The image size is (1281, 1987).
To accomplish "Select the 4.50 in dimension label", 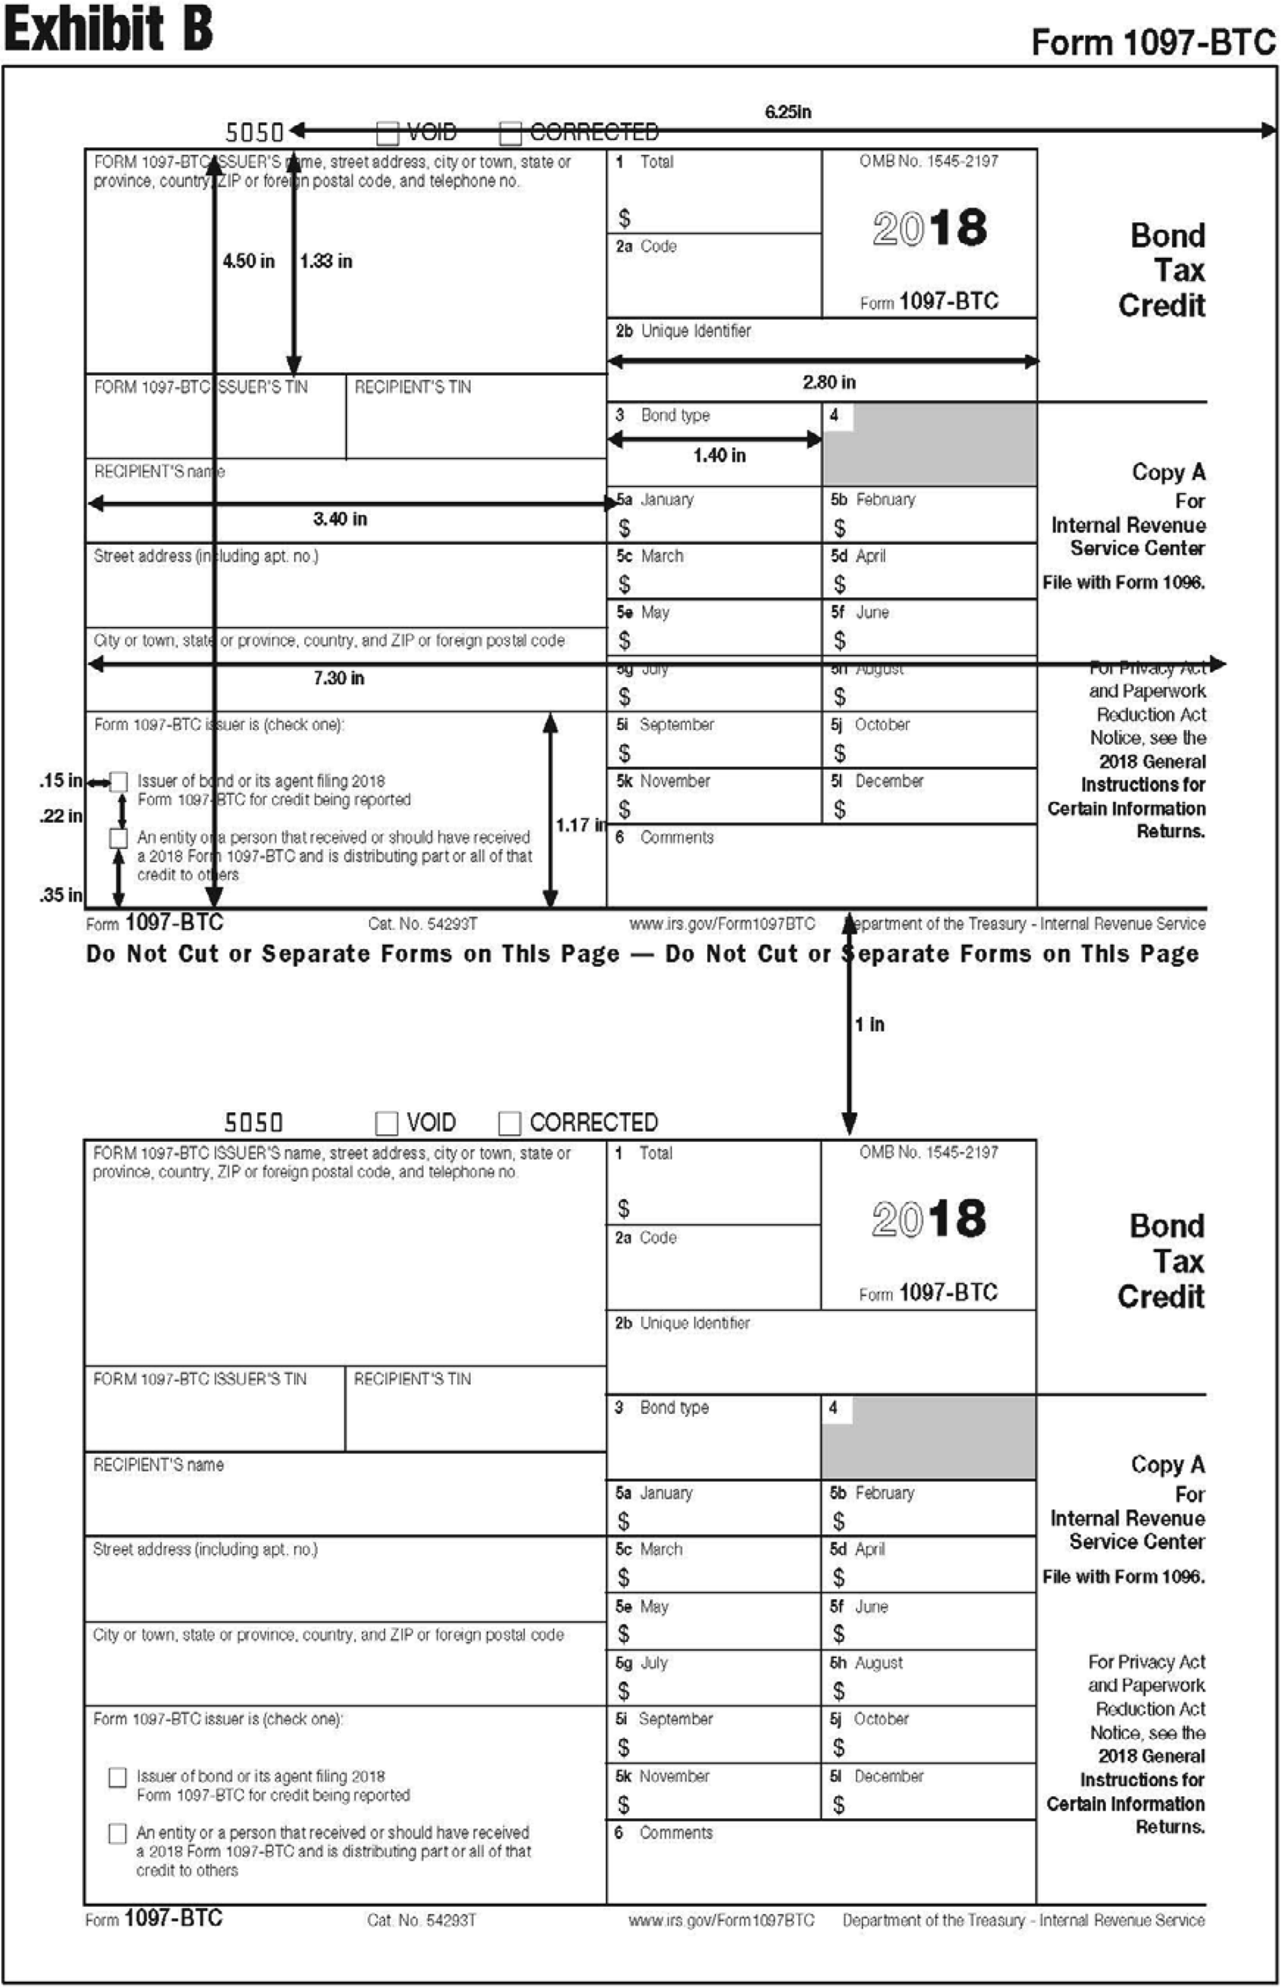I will coord(248,261).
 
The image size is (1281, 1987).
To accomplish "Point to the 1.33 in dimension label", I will coord(326,261).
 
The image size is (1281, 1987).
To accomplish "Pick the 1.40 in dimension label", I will coord(719,455).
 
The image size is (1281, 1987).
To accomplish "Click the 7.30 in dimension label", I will coord(338,678).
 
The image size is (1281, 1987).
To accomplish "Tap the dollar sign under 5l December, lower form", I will coord(839,1805).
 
